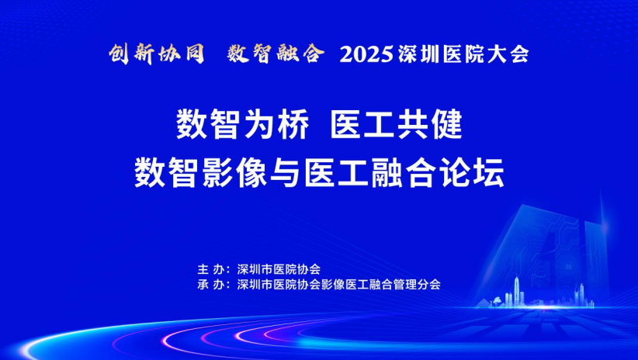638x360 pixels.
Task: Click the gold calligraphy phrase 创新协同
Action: tap(156, 54)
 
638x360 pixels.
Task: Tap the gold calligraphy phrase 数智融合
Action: tap(276, 54)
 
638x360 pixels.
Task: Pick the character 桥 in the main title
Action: tap(293, 125)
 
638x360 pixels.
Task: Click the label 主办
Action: tap(209, 269)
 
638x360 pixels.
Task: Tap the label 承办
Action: tap(209, 284)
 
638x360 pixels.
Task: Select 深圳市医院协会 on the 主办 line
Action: tap(279, 269)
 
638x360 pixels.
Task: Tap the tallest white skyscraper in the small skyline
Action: tap(517, 291)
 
